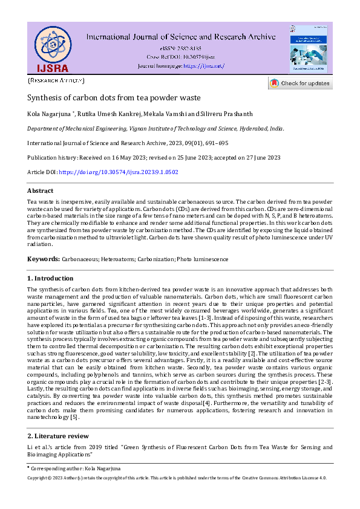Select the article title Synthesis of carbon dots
[114, 97]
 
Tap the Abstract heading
[41, 191]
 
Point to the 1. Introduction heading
[51, 278]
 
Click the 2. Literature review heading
[58, 436]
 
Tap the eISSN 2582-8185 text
[180, 48]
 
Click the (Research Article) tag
[56, 80]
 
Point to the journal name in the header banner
[181, 37]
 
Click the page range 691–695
[214, 143]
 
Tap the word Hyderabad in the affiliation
[247, 129]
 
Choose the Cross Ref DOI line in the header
[180, 56]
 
